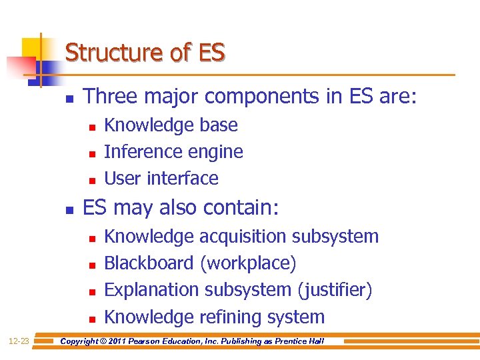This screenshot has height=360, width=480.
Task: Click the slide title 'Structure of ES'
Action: pyautogui.click(x=145, y=52)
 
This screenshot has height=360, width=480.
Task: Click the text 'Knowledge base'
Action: pyautogui.click(x=171, y=125)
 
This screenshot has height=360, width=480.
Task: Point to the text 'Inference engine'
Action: pyautogui.click(x=173, y=152)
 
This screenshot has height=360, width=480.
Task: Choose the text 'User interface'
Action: pyautogui.click(x=161, y=179)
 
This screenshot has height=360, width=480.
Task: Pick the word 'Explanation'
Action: pyautogui.click(x=152, y=290)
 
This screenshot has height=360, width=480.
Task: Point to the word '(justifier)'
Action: pyautogui.click(x=335, y=290)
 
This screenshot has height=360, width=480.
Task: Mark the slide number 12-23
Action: pyautogui.click(x=19, y=341)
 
